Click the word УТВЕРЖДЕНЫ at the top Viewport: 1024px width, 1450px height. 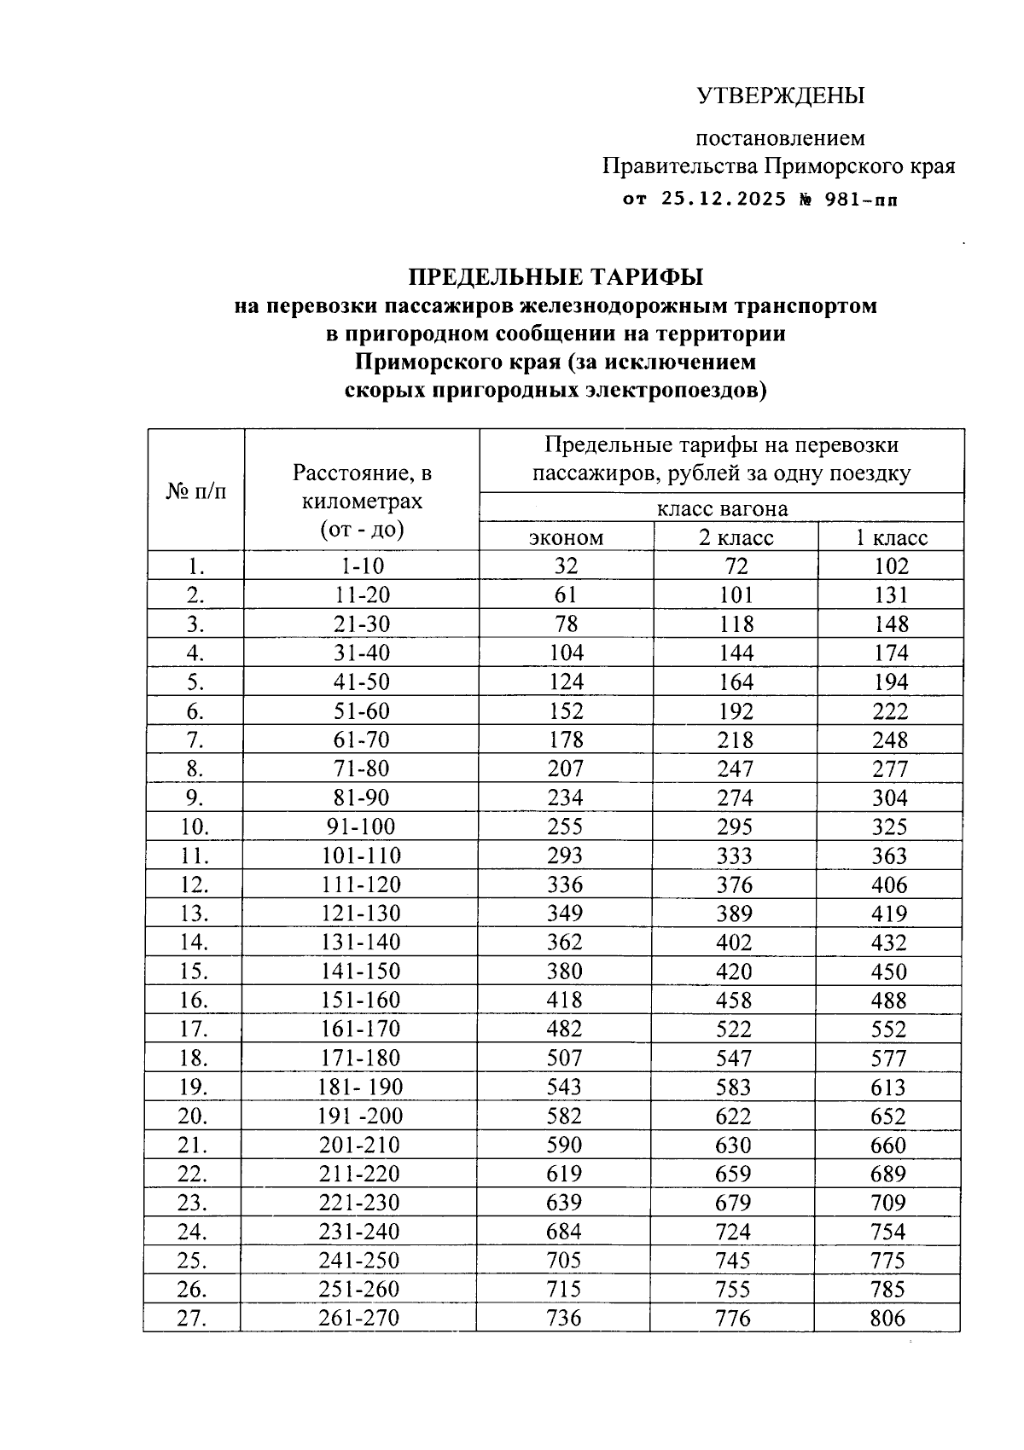pyautogui.click(x=781, y=96)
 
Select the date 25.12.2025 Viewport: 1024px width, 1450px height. pyautogui.click(x=723, y=201)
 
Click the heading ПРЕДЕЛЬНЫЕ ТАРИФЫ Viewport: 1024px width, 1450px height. pyautogui.click(x=556, y=277)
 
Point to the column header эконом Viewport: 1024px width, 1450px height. pyautogui.click(x=566, y=538)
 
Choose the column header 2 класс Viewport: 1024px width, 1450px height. pyautogui.click(x=736, y=538)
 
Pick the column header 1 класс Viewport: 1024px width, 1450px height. pyautogui.click(x=892, y=538)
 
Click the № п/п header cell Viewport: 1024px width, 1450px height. pyautogui.click(x=196, y=491)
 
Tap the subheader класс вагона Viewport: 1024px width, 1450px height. pyautogui.click(x=722, y=509)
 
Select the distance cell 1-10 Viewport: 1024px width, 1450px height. pyautogui.click(x=362, y=566)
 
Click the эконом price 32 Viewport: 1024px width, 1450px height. pyautogui.click(x=565, y=566)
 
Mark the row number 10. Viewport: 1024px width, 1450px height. pyautogui.click(x=195, y=826)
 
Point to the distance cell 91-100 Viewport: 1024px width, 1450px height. pyautogui.click(x=362, y=826)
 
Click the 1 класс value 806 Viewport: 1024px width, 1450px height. pyautogui.click(x=887, y=1318)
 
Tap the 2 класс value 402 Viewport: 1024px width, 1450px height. pyautogui.click(x=735, y=942)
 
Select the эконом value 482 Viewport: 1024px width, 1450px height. pyautogui.click(x=565, y=1029)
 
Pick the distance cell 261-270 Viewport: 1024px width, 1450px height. pyautogui.click(x=359, y=1318)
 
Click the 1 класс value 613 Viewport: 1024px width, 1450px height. pyautogui.click(x=889, y=1087)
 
